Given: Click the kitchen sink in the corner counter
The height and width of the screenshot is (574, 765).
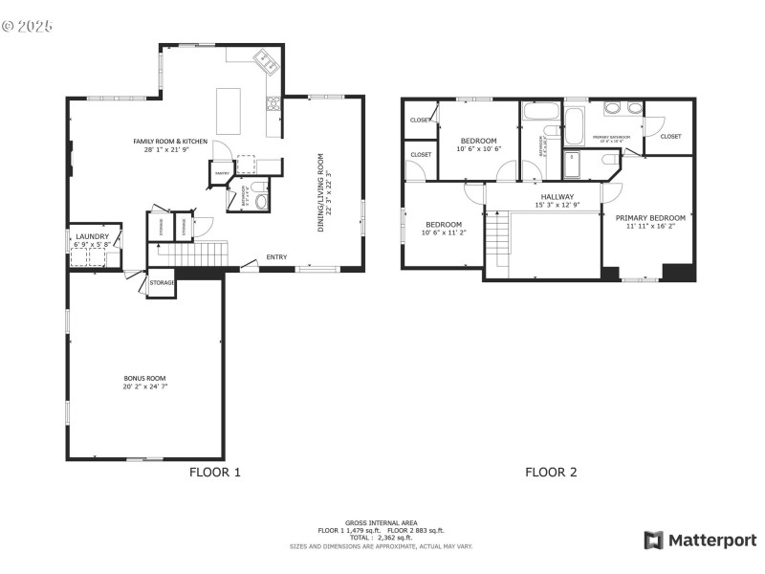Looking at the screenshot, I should coord(265,63).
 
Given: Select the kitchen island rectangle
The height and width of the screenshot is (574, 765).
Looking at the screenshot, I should coord(228,111).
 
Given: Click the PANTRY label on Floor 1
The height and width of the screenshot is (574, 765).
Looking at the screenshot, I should coord(221,173).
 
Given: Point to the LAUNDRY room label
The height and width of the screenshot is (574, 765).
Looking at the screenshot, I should coord(93,236).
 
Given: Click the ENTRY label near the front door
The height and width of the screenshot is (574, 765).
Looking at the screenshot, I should coord(276,256).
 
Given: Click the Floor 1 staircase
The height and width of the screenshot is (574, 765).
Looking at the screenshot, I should coord(191,254).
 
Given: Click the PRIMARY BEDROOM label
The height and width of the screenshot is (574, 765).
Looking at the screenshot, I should coord(650,217).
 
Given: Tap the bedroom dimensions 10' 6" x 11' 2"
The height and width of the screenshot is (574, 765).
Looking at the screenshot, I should coord(443,232).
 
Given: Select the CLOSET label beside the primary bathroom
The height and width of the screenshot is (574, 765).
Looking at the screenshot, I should coord(670,137).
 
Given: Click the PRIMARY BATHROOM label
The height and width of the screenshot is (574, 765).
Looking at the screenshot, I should coord(614,137).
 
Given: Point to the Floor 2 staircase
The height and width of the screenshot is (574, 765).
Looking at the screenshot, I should coord(499,240).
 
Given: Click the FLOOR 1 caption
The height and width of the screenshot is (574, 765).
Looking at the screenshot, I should coord(215,472).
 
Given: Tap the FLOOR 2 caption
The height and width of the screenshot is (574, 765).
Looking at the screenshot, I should coord(551,472).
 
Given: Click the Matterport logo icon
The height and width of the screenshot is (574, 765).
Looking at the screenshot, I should coord(654,541).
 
